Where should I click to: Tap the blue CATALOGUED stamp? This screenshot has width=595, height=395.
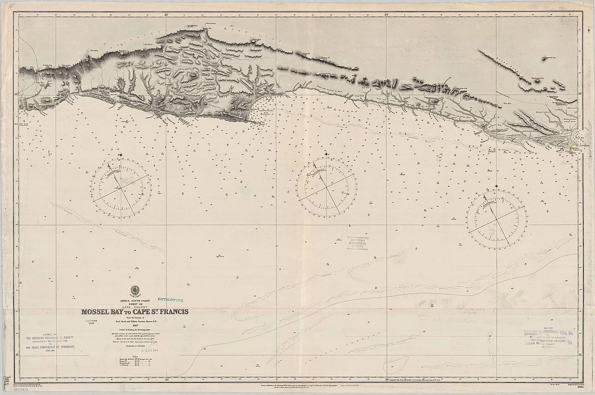[171, 301]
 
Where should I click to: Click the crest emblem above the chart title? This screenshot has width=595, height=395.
[136, 289]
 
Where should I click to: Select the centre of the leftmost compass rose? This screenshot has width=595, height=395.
[120, 188]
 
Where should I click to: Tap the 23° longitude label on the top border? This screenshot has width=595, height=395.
[166, 15]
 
